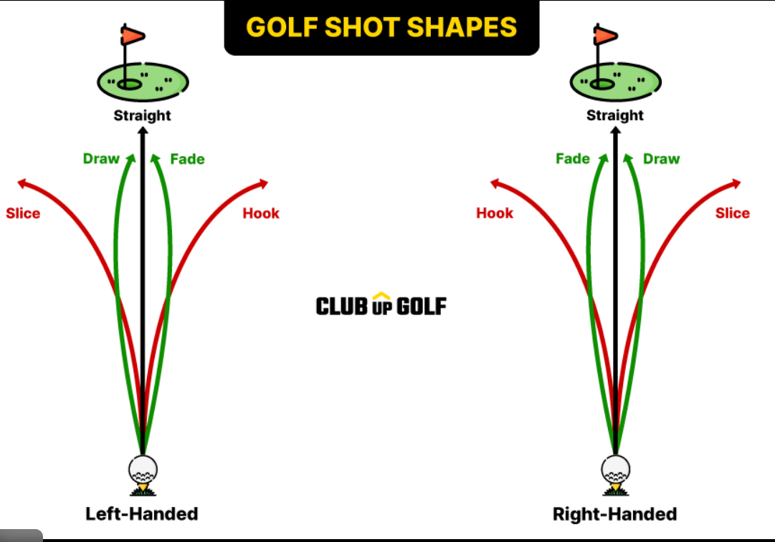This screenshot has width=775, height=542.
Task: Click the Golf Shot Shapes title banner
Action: coord(381,27)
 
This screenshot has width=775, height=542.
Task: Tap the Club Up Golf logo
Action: coord(381,306)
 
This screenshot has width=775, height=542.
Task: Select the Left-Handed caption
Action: coord(142,513)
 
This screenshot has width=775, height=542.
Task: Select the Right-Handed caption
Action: coord(614,513)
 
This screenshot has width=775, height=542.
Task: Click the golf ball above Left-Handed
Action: coord(143,470)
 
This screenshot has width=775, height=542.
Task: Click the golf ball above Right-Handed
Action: coord(615,470)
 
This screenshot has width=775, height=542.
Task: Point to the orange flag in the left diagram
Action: coord(133,34)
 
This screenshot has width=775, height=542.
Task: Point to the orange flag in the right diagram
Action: coord(605,34)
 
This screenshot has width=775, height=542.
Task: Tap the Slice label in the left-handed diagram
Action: coord(23,213)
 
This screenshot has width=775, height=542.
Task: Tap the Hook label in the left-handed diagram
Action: coord(261,213)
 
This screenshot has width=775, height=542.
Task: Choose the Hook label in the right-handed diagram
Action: coord(495,213)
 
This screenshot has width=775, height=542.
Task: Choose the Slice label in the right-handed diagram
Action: coord(732,213)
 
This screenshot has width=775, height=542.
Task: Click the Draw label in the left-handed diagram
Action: coord(101,158)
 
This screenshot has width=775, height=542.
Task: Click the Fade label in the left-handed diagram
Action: coord(187,158)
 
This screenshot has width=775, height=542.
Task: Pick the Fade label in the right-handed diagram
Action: coord(572,158)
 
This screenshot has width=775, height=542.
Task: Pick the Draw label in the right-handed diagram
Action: coord(661,158)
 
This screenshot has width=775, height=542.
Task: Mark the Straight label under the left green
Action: coord(143,115)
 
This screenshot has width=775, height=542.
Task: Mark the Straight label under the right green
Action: coord(615,115)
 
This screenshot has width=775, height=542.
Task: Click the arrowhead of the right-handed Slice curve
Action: coord(736,183)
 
